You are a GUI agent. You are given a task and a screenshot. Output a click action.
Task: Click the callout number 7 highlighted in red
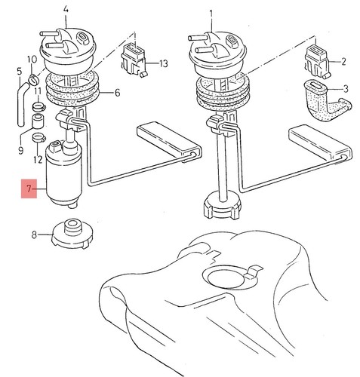[29, 188]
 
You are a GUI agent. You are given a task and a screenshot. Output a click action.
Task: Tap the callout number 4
[66, 10]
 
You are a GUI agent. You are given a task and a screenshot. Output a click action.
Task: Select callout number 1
[211, 14]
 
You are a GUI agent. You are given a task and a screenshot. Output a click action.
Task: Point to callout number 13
[164, 63]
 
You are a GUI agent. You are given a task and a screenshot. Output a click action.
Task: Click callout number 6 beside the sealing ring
[117, 93]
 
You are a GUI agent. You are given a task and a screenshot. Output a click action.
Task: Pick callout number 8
[34, 235]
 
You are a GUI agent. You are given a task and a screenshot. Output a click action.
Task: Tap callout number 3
[346, 89]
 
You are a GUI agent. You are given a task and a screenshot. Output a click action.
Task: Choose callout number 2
[343, 62]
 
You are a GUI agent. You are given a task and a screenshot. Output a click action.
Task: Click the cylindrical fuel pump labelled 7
[64, 174]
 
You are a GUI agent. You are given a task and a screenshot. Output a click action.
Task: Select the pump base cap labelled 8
[72, 234]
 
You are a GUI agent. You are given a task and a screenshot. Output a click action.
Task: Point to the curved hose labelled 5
[22, 103]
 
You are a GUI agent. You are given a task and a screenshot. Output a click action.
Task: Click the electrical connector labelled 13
[134, 61]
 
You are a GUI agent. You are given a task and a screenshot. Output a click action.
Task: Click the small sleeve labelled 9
[38, 121]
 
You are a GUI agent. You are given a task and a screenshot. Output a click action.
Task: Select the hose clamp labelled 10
[34, 80]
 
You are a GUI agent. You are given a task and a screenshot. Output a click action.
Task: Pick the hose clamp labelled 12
[38, 138]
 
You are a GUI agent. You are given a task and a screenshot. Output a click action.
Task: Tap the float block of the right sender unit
[319, 144]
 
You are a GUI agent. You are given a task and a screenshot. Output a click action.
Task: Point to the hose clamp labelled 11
[39, 107]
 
